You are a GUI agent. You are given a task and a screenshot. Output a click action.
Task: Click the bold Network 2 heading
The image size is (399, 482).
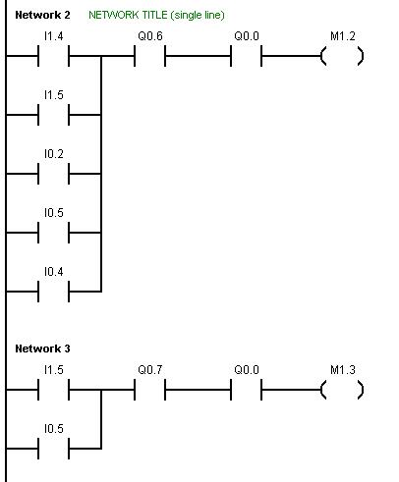point(42,15)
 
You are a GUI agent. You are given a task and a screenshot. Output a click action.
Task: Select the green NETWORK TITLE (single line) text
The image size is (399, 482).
point(156,15)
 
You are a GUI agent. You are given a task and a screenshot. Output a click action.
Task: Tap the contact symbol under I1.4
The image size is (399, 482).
point(53,56)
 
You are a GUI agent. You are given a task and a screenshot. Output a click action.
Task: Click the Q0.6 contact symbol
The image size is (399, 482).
point(149,56)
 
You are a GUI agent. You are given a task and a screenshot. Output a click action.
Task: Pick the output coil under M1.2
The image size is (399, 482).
point(342,56)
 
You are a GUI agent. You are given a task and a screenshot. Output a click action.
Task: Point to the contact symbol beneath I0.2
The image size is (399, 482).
point(53,174)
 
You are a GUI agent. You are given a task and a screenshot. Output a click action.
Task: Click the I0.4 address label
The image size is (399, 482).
point(54,272)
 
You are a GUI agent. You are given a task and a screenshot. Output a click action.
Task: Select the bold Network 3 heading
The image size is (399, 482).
point(42,348)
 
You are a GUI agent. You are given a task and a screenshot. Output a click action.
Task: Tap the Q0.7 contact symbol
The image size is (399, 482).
point(149,390)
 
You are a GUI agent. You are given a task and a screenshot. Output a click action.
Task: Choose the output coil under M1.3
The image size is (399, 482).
point(342,390)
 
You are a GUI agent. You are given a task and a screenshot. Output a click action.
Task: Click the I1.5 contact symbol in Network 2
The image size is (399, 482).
point(53,115)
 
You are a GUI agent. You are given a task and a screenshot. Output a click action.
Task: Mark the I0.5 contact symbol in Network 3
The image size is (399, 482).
point(53,449)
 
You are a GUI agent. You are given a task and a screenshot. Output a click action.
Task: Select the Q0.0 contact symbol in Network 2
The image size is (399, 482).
point(246,56)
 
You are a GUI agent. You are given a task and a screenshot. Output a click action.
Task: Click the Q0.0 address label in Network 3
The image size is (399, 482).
point(247,370)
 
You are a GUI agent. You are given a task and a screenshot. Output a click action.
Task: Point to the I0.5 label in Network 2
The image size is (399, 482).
point(54,213)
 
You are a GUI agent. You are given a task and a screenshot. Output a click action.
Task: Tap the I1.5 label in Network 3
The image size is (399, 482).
point(54,370)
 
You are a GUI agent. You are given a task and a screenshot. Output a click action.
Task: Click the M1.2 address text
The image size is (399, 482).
point(343,36)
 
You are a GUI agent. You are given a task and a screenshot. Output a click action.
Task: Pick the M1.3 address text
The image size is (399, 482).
point(343,370)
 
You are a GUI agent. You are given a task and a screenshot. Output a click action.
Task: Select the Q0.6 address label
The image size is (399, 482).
point(150,36)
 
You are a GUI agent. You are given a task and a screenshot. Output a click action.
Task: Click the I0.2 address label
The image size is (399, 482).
point(54,154)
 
